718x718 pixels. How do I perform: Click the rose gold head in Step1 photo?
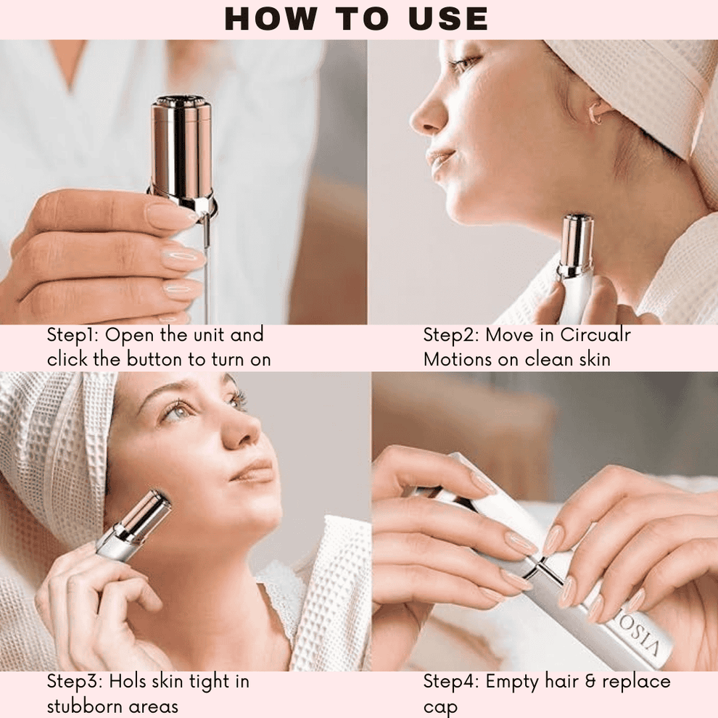181,145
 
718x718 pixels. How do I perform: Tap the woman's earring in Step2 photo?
596,113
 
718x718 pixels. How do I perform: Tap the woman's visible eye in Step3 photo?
176,412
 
